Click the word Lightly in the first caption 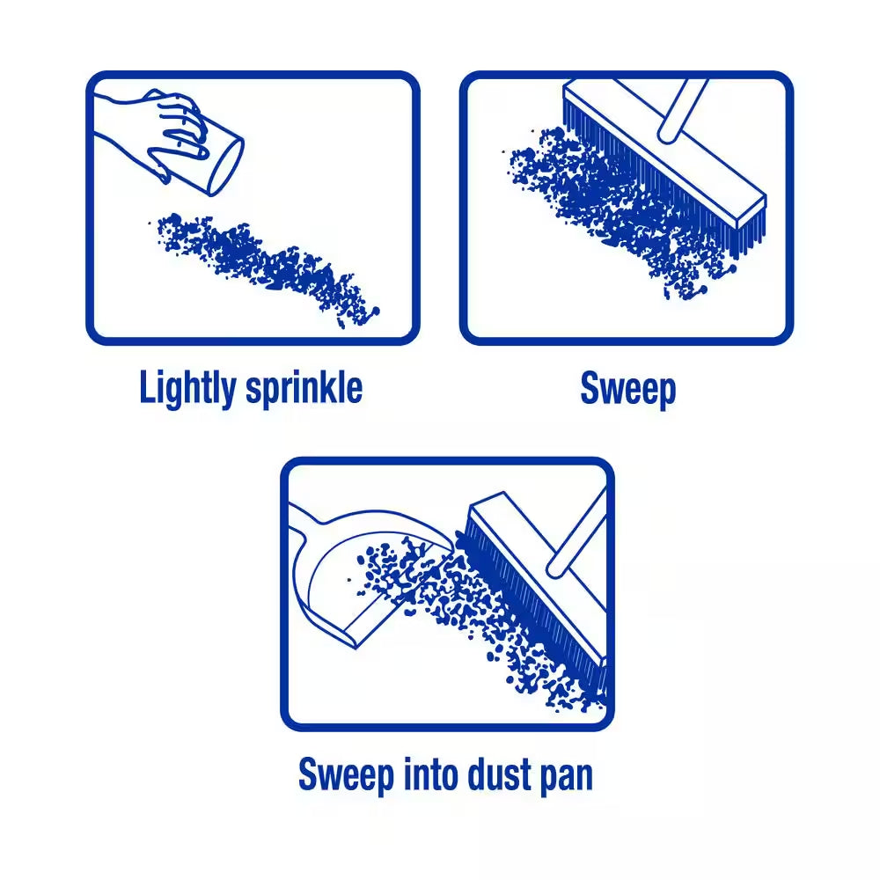(x=188, y=388)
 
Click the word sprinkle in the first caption (x=304, y=388)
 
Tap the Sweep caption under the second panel (x=627, y=388)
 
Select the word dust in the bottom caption (x=491, y=775)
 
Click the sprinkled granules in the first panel (x=264, y=264)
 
